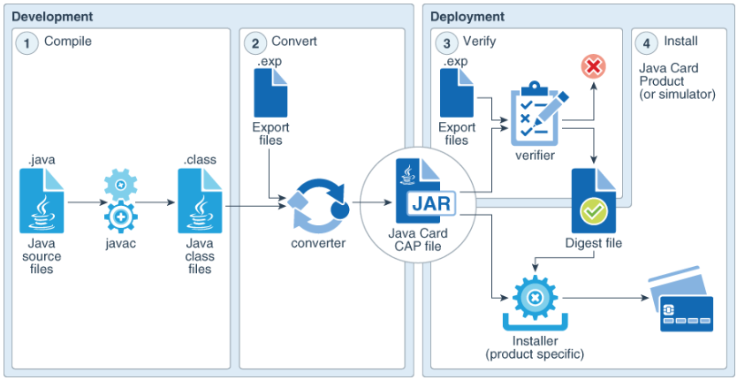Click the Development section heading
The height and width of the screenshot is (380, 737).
(x=51, y=16)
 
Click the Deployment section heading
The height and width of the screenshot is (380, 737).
(x=467, y=16)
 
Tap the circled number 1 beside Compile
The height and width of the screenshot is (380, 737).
(x=28, y=42)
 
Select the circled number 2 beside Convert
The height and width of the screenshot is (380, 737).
(x=255, y=42)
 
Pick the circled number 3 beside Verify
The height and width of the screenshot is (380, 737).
(x=449, y=42)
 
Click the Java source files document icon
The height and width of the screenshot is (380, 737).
(x=42, y=201)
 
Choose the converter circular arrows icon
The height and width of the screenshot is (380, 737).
(x=315, y=205)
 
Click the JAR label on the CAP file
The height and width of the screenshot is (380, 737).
(x=429, y=204)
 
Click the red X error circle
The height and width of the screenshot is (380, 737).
(x=592, y=66)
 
